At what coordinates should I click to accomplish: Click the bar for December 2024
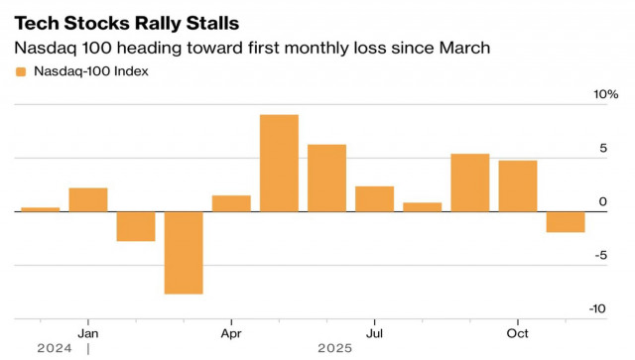pyautogui.click(x=40, y=209)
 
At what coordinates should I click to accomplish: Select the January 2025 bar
pyautogui.click(x=87, y=199)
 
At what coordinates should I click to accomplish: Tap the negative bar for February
pyautogui.click(x=136, y=226)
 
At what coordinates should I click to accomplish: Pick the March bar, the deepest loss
pyautogui.click(x=184, y=252)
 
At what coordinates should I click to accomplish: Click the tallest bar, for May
pyautogui.click(x=279, y=163)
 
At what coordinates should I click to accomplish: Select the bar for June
pyautogui.click(x=326, y=178)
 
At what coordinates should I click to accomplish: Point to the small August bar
pyautogui.click(x=422, y=206)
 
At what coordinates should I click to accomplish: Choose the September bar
pyautogui.click(x=469, y=182)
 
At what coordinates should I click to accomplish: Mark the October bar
pyautogui.click(x=517, y=185)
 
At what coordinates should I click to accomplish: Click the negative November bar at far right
pyautogui.click(x=566, y=221)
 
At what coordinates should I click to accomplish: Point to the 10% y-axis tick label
pyautogui.click(x=605, y=94)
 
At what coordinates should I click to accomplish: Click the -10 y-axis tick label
pyautogui.click(x=597, y=308)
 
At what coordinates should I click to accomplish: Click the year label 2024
pyautogui.click(x=55, y=348)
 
